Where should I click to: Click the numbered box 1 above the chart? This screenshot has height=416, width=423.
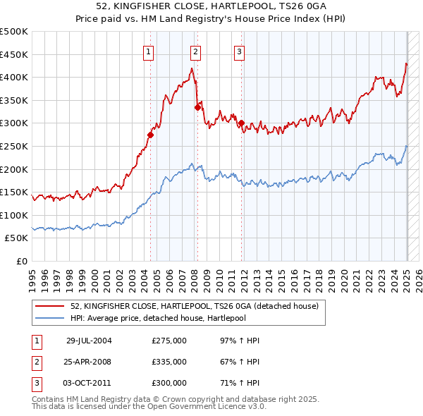click(149, 51)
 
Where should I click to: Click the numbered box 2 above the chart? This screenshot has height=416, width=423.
click(195, 51)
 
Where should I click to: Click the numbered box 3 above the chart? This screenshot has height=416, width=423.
click(240, 51)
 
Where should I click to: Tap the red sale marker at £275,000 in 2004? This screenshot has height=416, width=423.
click(151, 134)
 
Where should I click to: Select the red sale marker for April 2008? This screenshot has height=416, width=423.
click(197, 107)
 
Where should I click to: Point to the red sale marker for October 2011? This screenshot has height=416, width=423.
click(241, 123)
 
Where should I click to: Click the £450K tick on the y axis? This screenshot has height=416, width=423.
click(14, 54)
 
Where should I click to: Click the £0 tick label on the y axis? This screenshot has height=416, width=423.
click(22, 261)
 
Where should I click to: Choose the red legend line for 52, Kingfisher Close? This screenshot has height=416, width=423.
click(50, 307)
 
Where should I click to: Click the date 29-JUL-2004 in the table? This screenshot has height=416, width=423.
click(89, 341)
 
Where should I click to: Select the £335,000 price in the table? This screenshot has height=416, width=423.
click(169, 362)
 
